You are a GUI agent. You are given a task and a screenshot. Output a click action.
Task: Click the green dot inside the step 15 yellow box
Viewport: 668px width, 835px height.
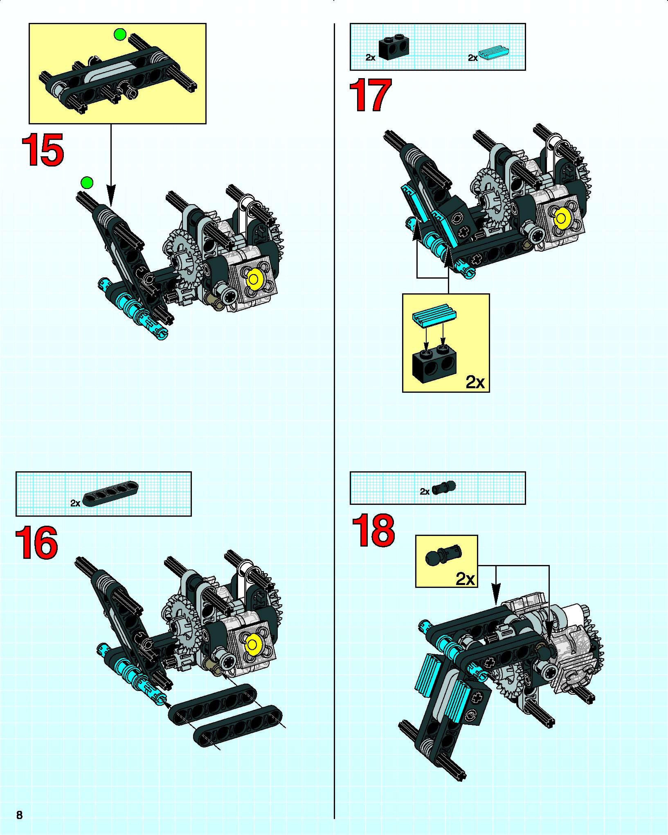pos(120,35)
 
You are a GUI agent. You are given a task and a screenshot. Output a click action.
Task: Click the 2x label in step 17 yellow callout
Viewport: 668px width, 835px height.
pos(475,382)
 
